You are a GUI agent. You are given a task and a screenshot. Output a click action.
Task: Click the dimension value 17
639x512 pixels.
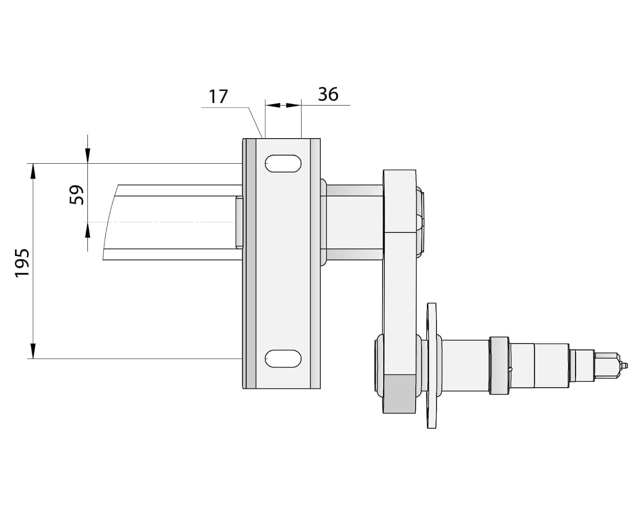pos(218,97)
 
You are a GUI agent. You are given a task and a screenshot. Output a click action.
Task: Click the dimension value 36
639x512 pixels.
pos(328,94)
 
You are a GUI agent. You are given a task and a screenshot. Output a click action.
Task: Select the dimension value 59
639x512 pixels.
pos(77,195)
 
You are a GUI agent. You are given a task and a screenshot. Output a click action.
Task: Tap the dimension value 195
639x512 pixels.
pos(22,262)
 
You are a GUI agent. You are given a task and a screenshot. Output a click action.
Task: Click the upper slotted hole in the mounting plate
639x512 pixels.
pos(283,164)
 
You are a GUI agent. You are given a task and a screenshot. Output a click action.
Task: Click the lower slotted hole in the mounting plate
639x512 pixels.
pos(283,358)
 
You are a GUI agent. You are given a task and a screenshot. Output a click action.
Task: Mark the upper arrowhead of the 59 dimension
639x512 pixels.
pos(87,155)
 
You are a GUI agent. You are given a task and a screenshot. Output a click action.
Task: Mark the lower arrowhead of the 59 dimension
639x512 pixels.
pos(87,230)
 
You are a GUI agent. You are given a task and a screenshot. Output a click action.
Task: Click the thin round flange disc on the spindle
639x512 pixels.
pos(431,365)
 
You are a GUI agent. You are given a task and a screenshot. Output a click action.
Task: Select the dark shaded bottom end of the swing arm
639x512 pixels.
pos(399,394)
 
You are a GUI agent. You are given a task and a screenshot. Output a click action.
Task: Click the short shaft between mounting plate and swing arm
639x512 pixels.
pos(354,222)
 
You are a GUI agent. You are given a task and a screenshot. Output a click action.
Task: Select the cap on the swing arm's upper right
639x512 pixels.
pos(420,220)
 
